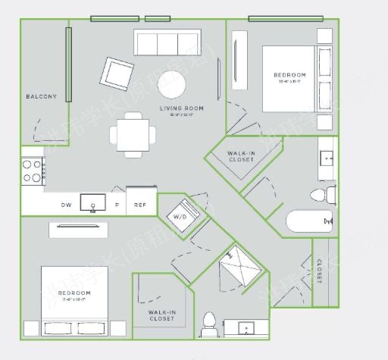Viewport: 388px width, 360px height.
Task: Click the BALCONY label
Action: pyautogui.click(x=41, y=96)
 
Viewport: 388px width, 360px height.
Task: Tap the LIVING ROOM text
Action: pyautogui.click(x=181, y=108)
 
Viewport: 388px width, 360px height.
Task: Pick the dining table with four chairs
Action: pyautogui.click(x=133, y=135)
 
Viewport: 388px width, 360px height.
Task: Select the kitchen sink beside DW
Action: pyautogui.click(x=93, y=203)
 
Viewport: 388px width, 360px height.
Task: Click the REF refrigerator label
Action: pyautogui.click(x=140, y=205)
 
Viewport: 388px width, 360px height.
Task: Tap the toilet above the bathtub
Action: pyautogui.click(x=323, y=196)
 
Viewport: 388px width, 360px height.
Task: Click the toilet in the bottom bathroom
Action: pyautogui.click(x=208, y=325)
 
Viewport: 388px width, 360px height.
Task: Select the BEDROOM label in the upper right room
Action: pyautogui.click(x=289, y=75)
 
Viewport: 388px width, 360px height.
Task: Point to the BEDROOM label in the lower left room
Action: pyautogui.click(x=74, y=293)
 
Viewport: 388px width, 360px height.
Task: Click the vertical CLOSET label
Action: pyautogui.click(x=319, y=271)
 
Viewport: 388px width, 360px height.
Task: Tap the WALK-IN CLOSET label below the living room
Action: pyautogui.click(x=241, y=157)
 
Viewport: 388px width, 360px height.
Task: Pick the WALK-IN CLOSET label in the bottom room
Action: pyautogui.click(x=162, y=315)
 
